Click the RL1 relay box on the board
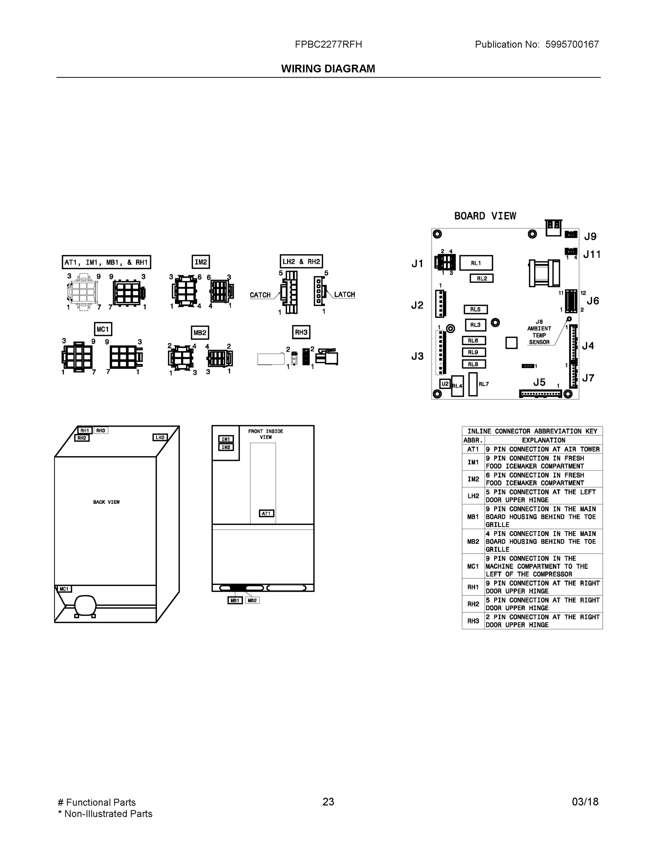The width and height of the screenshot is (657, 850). click(476, 263)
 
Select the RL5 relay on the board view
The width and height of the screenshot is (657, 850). click(475, 310)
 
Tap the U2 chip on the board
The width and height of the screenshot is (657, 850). click(444, 384)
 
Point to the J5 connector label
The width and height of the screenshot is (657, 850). click(539, 382)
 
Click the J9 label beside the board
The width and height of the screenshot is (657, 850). click(590, 236)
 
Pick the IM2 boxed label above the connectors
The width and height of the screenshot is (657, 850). click(201, 262)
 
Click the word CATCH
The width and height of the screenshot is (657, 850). click(260, 295)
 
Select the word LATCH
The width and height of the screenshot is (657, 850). click(345, 295)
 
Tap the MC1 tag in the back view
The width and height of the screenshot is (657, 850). click(64, 589)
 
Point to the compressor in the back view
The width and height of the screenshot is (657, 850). click(85, 606)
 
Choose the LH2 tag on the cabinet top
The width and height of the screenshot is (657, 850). click(160, 437)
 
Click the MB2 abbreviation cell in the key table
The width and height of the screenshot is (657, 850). click(473, 542)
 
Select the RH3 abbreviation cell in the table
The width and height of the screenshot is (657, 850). click(473, 621)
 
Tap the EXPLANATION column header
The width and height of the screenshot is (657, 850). click(543, 440)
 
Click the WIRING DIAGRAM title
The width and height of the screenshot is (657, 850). click(328, 69)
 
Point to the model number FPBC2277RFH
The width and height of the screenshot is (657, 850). click(328, 44)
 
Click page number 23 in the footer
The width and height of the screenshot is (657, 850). click(328, 802)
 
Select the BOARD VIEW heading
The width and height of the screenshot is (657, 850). click(485, 216)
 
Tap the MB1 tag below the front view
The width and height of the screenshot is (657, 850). click(235, 601)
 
